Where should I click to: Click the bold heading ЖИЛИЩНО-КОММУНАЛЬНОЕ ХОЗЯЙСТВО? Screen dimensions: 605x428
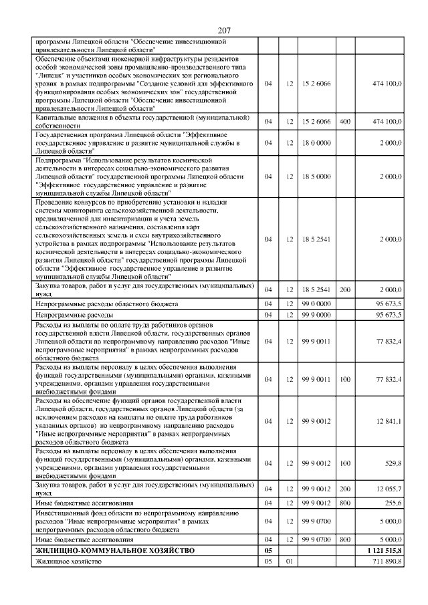pyautogui.click(x=114, y=550)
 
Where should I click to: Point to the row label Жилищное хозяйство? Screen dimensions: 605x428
pyautogui.click(x=68, y=562)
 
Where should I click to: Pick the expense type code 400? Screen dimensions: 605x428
pyautogui.click(x=345, y=122)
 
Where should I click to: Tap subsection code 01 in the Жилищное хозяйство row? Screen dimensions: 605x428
pyautogui.click(x=290, y=562)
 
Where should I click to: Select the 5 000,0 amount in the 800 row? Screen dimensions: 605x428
pyautogui.click(x=390, y=539)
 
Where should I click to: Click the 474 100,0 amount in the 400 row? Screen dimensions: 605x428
pyautogui.click(x=387, y=122)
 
